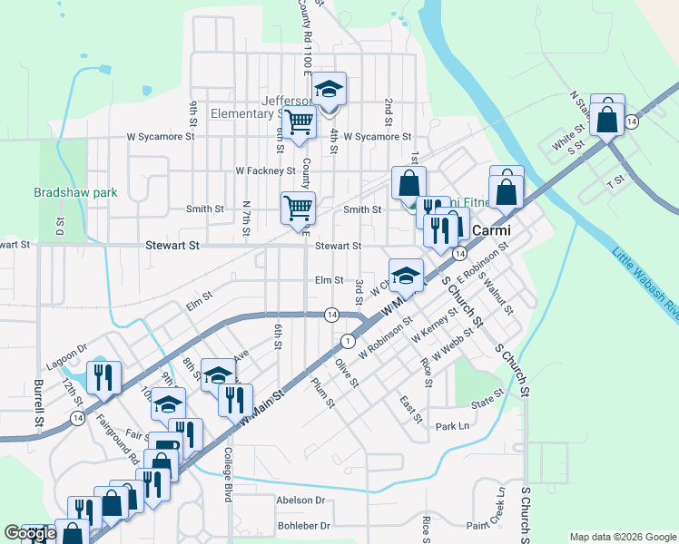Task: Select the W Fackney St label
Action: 265,170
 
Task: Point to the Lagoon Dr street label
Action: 68,348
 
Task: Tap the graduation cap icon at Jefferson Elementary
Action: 329,89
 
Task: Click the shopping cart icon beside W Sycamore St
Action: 299,121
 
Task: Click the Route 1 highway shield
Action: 347,340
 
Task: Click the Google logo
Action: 31,533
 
